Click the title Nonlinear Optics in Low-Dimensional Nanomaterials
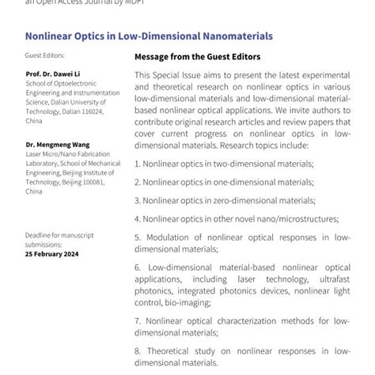[149, 36]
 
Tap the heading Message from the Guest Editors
[197, 57]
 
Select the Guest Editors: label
[44, 55]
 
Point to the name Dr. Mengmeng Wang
[55, 145]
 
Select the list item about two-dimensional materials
[224, 163]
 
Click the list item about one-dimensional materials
[224, 182]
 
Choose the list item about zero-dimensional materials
[225, 200]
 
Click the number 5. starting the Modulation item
[138, 237]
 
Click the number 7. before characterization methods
[138, 320]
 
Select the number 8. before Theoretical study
[138, 350]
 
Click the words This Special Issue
[169, 74]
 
